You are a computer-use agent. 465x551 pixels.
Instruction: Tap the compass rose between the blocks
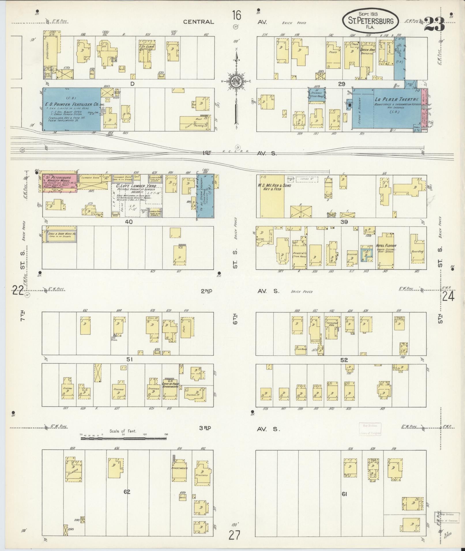point(236,82)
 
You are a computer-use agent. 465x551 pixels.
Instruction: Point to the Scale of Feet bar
point(123,446)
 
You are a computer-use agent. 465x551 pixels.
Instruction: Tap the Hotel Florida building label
point(386,246)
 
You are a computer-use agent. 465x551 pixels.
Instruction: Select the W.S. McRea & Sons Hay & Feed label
point(276,188)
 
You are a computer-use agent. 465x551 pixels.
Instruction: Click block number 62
point(127,492)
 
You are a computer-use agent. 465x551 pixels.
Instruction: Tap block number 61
point(344,494)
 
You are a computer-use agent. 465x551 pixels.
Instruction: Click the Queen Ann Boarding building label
point(367,52)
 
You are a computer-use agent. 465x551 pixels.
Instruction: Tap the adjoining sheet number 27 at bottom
point(234,535)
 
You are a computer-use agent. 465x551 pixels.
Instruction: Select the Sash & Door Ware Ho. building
point(60,235)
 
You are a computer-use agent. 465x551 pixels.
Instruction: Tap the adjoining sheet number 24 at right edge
point(448,296)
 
